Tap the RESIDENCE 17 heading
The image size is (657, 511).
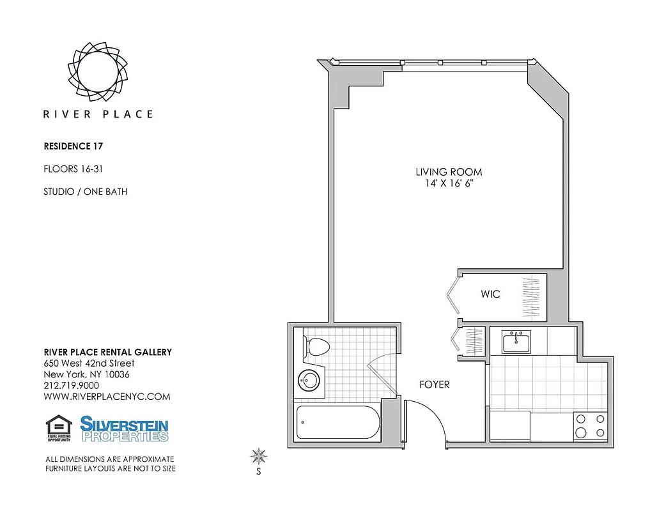tap(73, 146)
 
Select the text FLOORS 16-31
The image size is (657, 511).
tap(73, 169)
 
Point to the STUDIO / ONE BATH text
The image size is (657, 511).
tap(85, 192)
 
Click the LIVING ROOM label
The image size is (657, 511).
tap(449, 172)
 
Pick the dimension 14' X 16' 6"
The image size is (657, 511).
tap(449, 183)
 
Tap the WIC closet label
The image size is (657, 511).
tap(490, 294)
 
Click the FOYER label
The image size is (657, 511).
tap(434, 385)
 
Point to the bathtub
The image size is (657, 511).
tap(337, 422)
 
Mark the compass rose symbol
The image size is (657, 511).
tap(259, 456)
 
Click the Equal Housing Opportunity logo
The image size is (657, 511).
tap(59, 428)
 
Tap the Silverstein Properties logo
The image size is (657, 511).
tap(124, 429)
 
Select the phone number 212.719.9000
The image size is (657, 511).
tap(71, 386)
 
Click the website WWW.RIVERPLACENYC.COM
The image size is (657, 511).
tap(107, 397)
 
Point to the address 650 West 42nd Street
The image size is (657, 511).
tap(89, 363)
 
